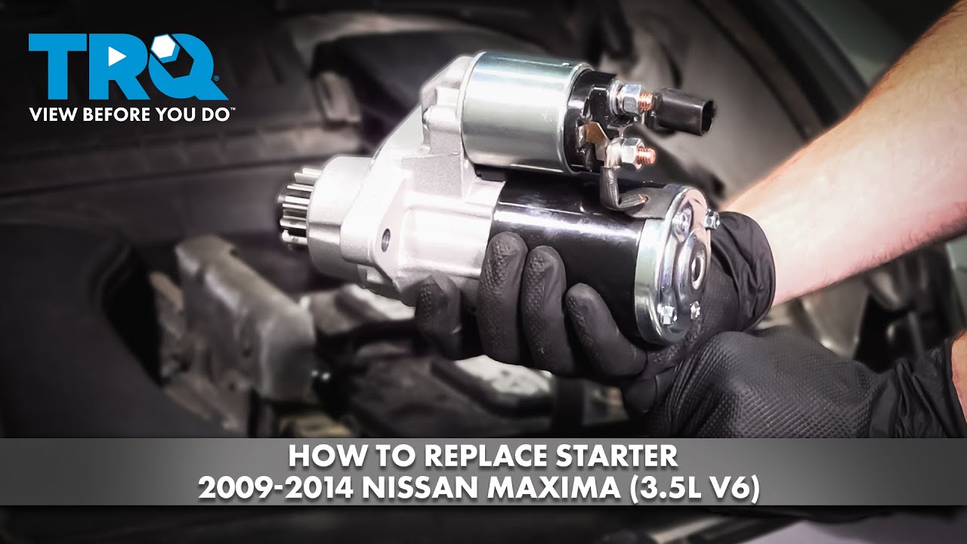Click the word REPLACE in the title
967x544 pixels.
tap(472, 457)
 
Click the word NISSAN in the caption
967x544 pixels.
tap(409, 489)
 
